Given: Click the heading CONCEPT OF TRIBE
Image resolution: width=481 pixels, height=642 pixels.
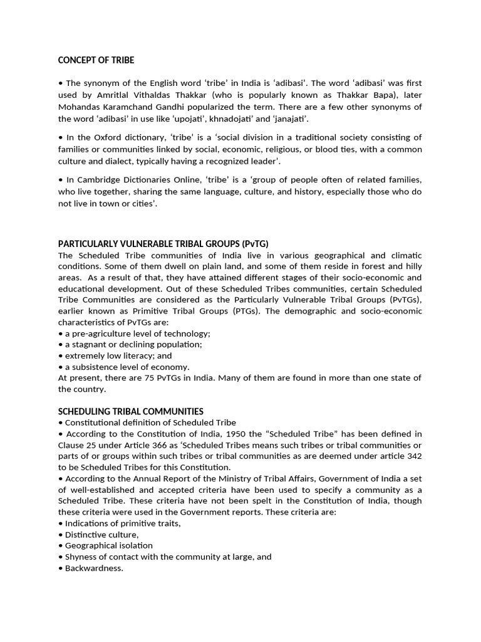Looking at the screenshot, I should point(96,60).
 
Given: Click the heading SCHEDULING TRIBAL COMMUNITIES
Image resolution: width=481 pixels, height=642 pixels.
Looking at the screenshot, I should point(130,411).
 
